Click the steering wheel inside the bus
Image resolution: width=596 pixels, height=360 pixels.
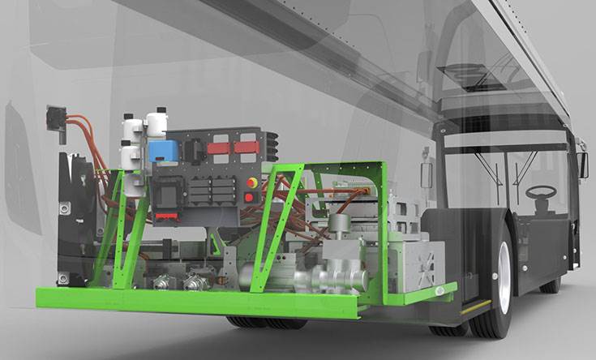tap(541, 192)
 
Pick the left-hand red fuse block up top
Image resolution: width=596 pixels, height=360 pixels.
tap(219, 148)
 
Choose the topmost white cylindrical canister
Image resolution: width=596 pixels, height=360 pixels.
tap(156, 122)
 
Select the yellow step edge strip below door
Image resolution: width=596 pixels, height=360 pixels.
tap(476, 306)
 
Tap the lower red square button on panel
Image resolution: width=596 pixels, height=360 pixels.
tap(249, 197)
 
